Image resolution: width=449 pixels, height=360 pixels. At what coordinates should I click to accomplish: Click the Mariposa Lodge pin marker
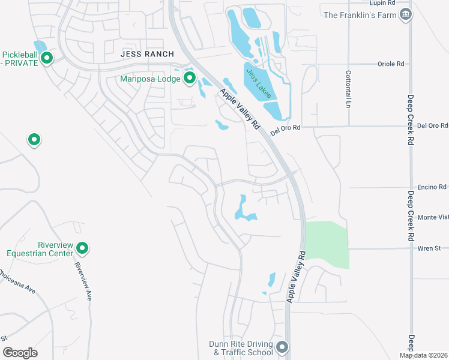pyautogui.click(x=190, y=77)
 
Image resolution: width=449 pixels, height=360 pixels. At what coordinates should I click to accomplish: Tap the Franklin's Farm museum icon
pyautogui.click(x=406, y=14)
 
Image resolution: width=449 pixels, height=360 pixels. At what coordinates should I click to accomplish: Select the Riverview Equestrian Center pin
pyautogui.click(x=83, y=247)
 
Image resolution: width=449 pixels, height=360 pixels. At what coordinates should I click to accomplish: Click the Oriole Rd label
pyautogui.click(x=391, y=63)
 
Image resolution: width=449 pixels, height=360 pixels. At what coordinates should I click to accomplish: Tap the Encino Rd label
pyautogui.click(x=433, y=187)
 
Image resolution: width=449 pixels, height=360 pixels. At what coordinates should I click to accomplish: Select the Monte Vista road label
pyautogui.click(x=433, y=217)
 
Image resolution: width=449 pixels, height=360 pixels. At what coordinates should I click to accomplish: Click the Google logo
pyautogui.click(x=20, y=353)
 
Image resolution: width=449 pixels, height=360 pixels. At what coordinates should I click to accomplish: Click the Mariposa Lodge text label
pyautogui.click(x=150, y=78)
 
